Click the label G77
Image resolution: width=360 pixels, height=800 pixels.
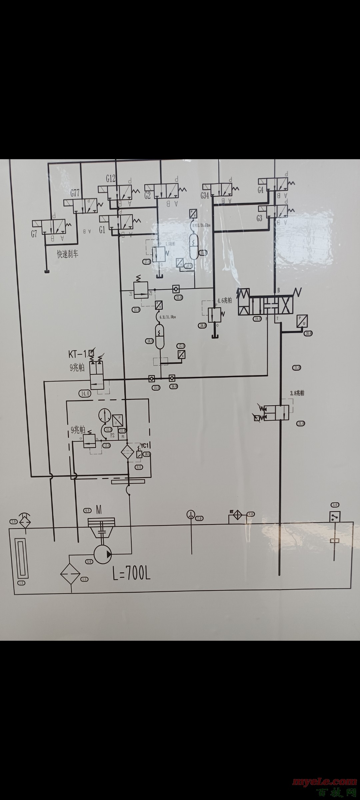(75, 193)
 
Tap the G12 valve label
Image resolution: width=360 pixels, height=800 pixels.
(111, 179)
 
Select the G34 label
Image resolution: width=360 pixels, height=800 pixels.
(205, 195)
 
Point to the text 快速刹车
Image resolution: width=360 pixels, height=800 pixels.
(68, 254)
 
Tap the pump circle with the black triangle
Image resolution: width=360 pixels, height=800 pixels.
(103, 554)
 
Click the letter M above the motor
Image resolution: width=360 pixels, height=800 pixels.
(99, 510)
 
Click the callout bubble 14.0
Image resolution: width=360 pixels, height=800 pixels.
(85, 393)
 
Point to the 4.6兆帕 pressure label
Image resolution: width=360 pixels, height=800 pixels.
(224, 300)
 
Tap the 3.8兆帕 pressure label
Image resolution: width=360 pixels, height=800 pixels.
(297, 393)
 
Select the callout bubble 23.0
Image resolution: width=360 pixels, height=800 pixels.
(179, 297)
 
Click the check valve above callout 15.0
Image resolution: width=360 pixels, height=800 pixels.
(151, 378)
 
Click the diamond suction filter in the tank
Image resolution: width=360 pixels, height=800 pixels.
(70, 574)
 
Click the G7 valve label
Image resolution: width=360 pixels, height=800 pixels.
(34, 234)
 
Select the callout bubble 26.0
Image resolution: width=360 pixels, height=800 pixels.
(203, 325)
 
